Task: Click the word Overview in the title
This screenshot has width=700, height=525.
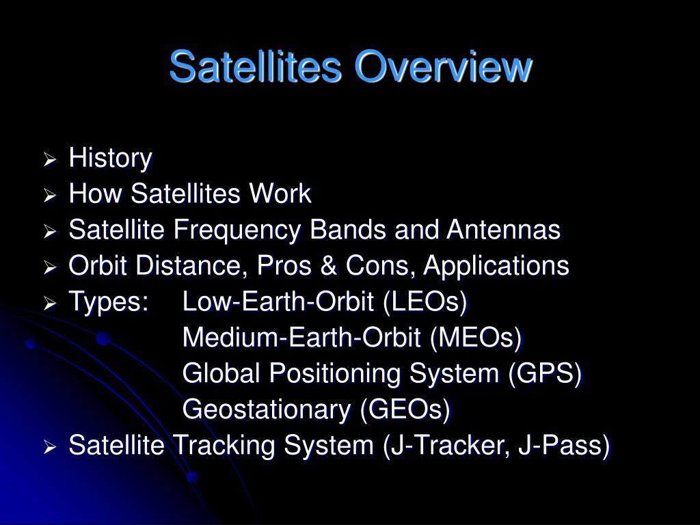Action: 443,67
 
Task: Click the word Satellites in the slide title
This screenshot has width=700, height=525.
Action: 256,67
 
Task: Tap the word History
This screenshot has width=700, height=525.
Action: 110,159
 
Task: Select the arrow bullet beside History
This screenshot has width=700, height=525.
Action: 49,159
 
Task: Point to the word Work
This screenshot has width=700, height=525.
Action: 280,193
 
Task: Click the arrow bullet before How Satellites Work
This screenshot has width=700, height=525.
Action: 49,195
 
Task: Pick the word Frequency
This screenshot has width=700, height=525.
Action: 237,230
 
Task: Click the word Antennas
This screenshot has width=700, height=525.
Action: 503,230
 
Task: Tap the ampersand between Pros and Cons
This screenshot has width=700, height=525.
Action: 328,266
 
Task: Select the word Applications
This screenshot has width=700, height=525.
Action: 496,266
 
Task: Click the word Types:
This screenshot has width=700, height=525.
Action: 109,302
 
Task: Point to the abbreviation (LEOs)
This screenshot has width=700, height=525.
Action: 425,301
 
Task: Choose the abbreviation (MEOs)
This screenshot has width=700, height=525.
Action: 476,338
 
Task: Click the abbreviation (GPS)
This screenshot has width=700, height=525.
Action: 545,373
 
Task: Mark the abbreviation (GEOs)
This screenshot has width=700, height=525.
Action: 405,409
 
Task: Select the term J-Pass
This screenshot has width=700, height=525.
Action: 564,446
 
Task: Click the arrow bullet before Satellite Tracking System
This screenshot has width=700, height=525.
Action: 49,446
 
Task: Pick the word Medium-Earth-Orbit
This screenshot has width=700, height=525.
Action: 301,338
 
